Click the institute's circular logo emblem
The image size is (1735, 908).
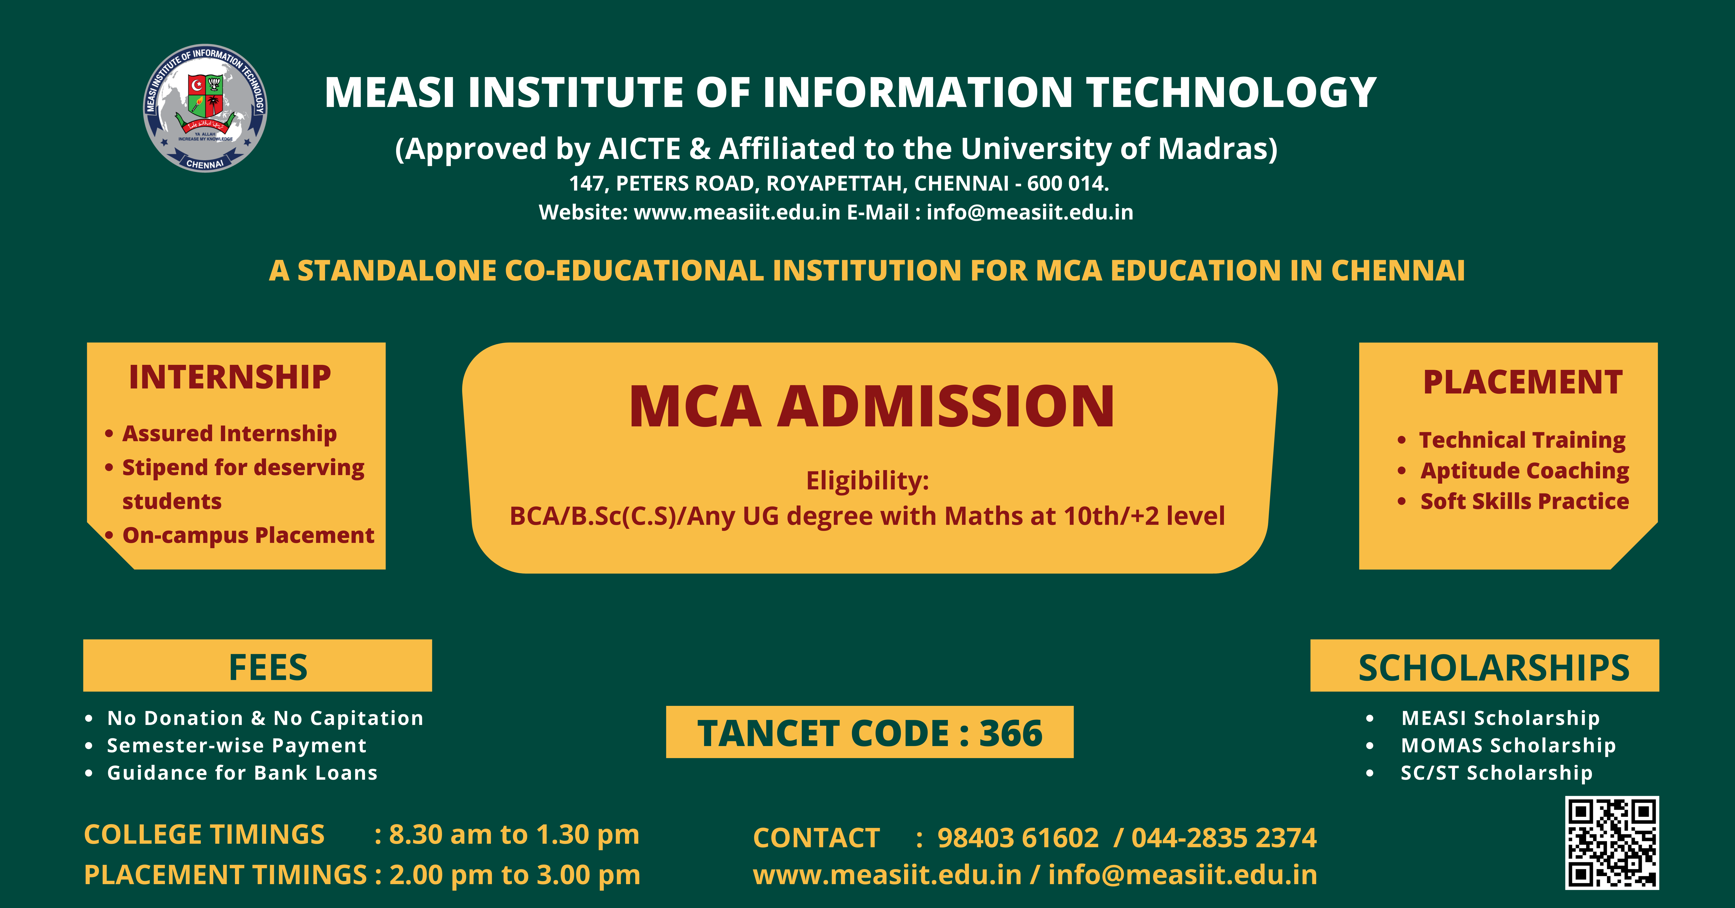coord(205,108)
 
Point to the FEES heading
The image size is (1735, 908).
coord(268,667)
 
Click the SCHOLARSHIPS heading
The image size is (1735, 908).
coord(1494,667)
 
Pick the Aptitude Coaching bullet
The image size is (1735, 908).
coord(1525,471)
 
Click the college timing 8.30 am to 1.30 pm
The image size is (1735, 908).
coord(514,835)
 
